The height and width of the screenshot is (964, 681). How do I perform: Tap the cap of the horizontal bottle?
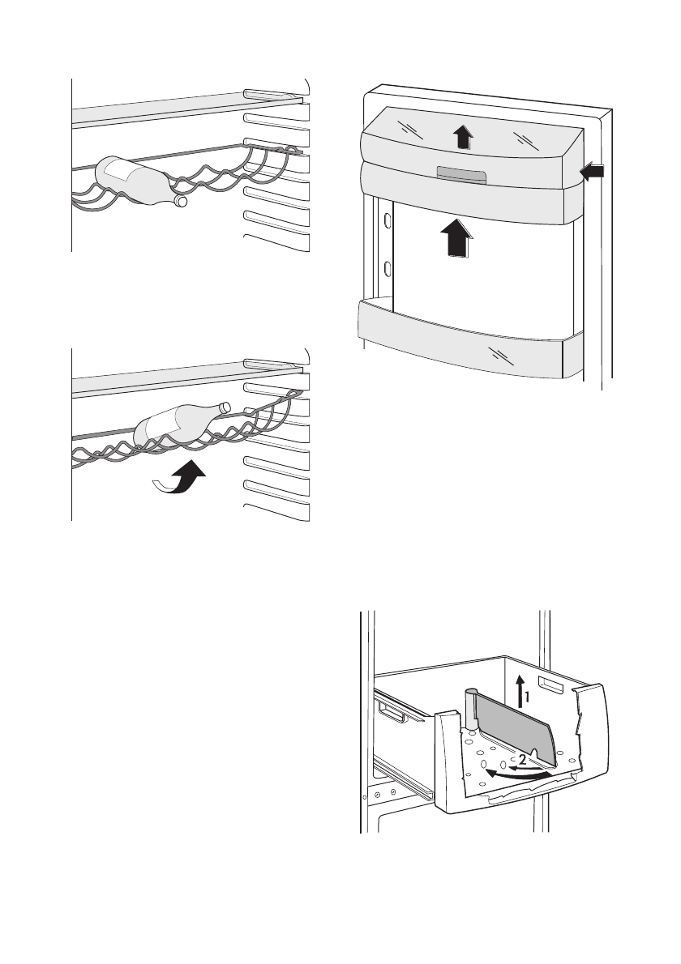coord(181,201)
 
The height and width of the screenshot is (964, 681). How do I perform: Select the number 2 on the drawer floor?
coord(523,760)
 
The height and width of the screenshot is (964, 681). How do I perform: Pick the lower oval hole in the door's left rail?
coord(388,268)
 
